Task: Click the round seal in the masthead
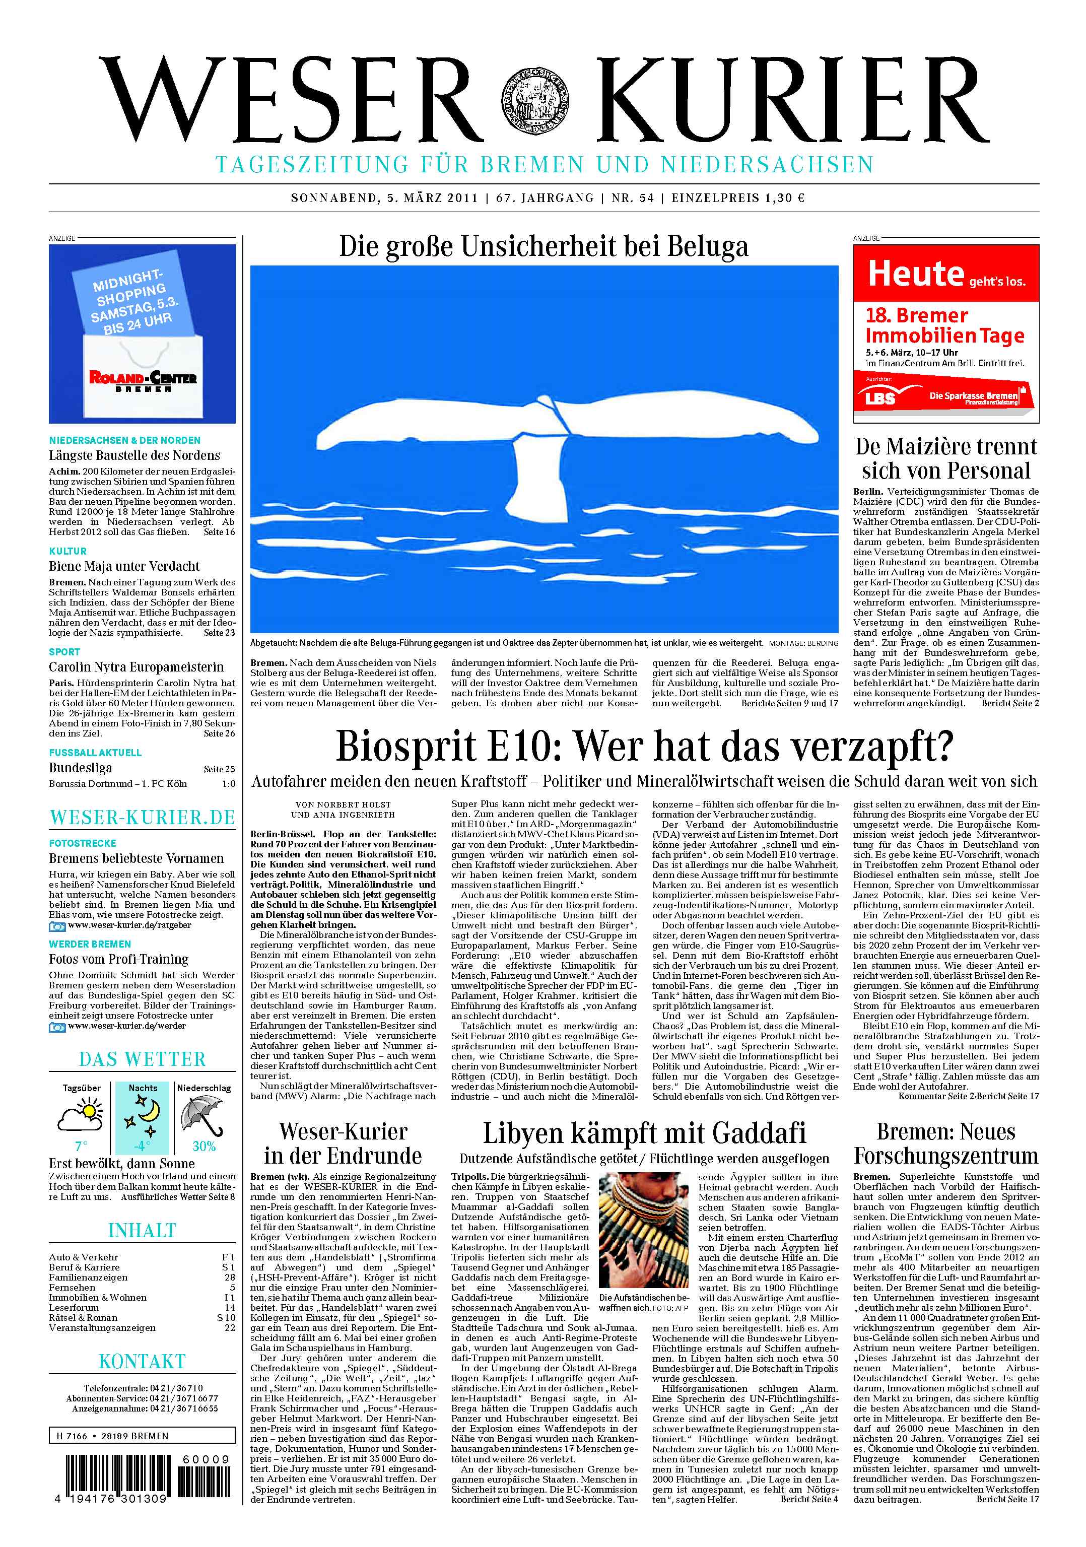[535, 99]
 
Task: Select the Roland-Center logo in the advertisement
[143, 379]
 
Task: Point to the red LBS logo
[881, 397]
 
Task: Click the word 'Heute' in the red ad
[916, 274]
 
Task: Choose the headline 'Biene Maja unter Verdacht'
[124, 566]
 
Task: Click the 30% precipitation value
[204, 1146]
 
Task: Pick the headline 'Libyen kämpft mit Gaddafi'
[644, 1133]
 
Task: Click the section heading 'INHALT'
[142, 1231]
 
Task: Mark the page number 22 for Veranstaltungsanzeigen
[230, 1327]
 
